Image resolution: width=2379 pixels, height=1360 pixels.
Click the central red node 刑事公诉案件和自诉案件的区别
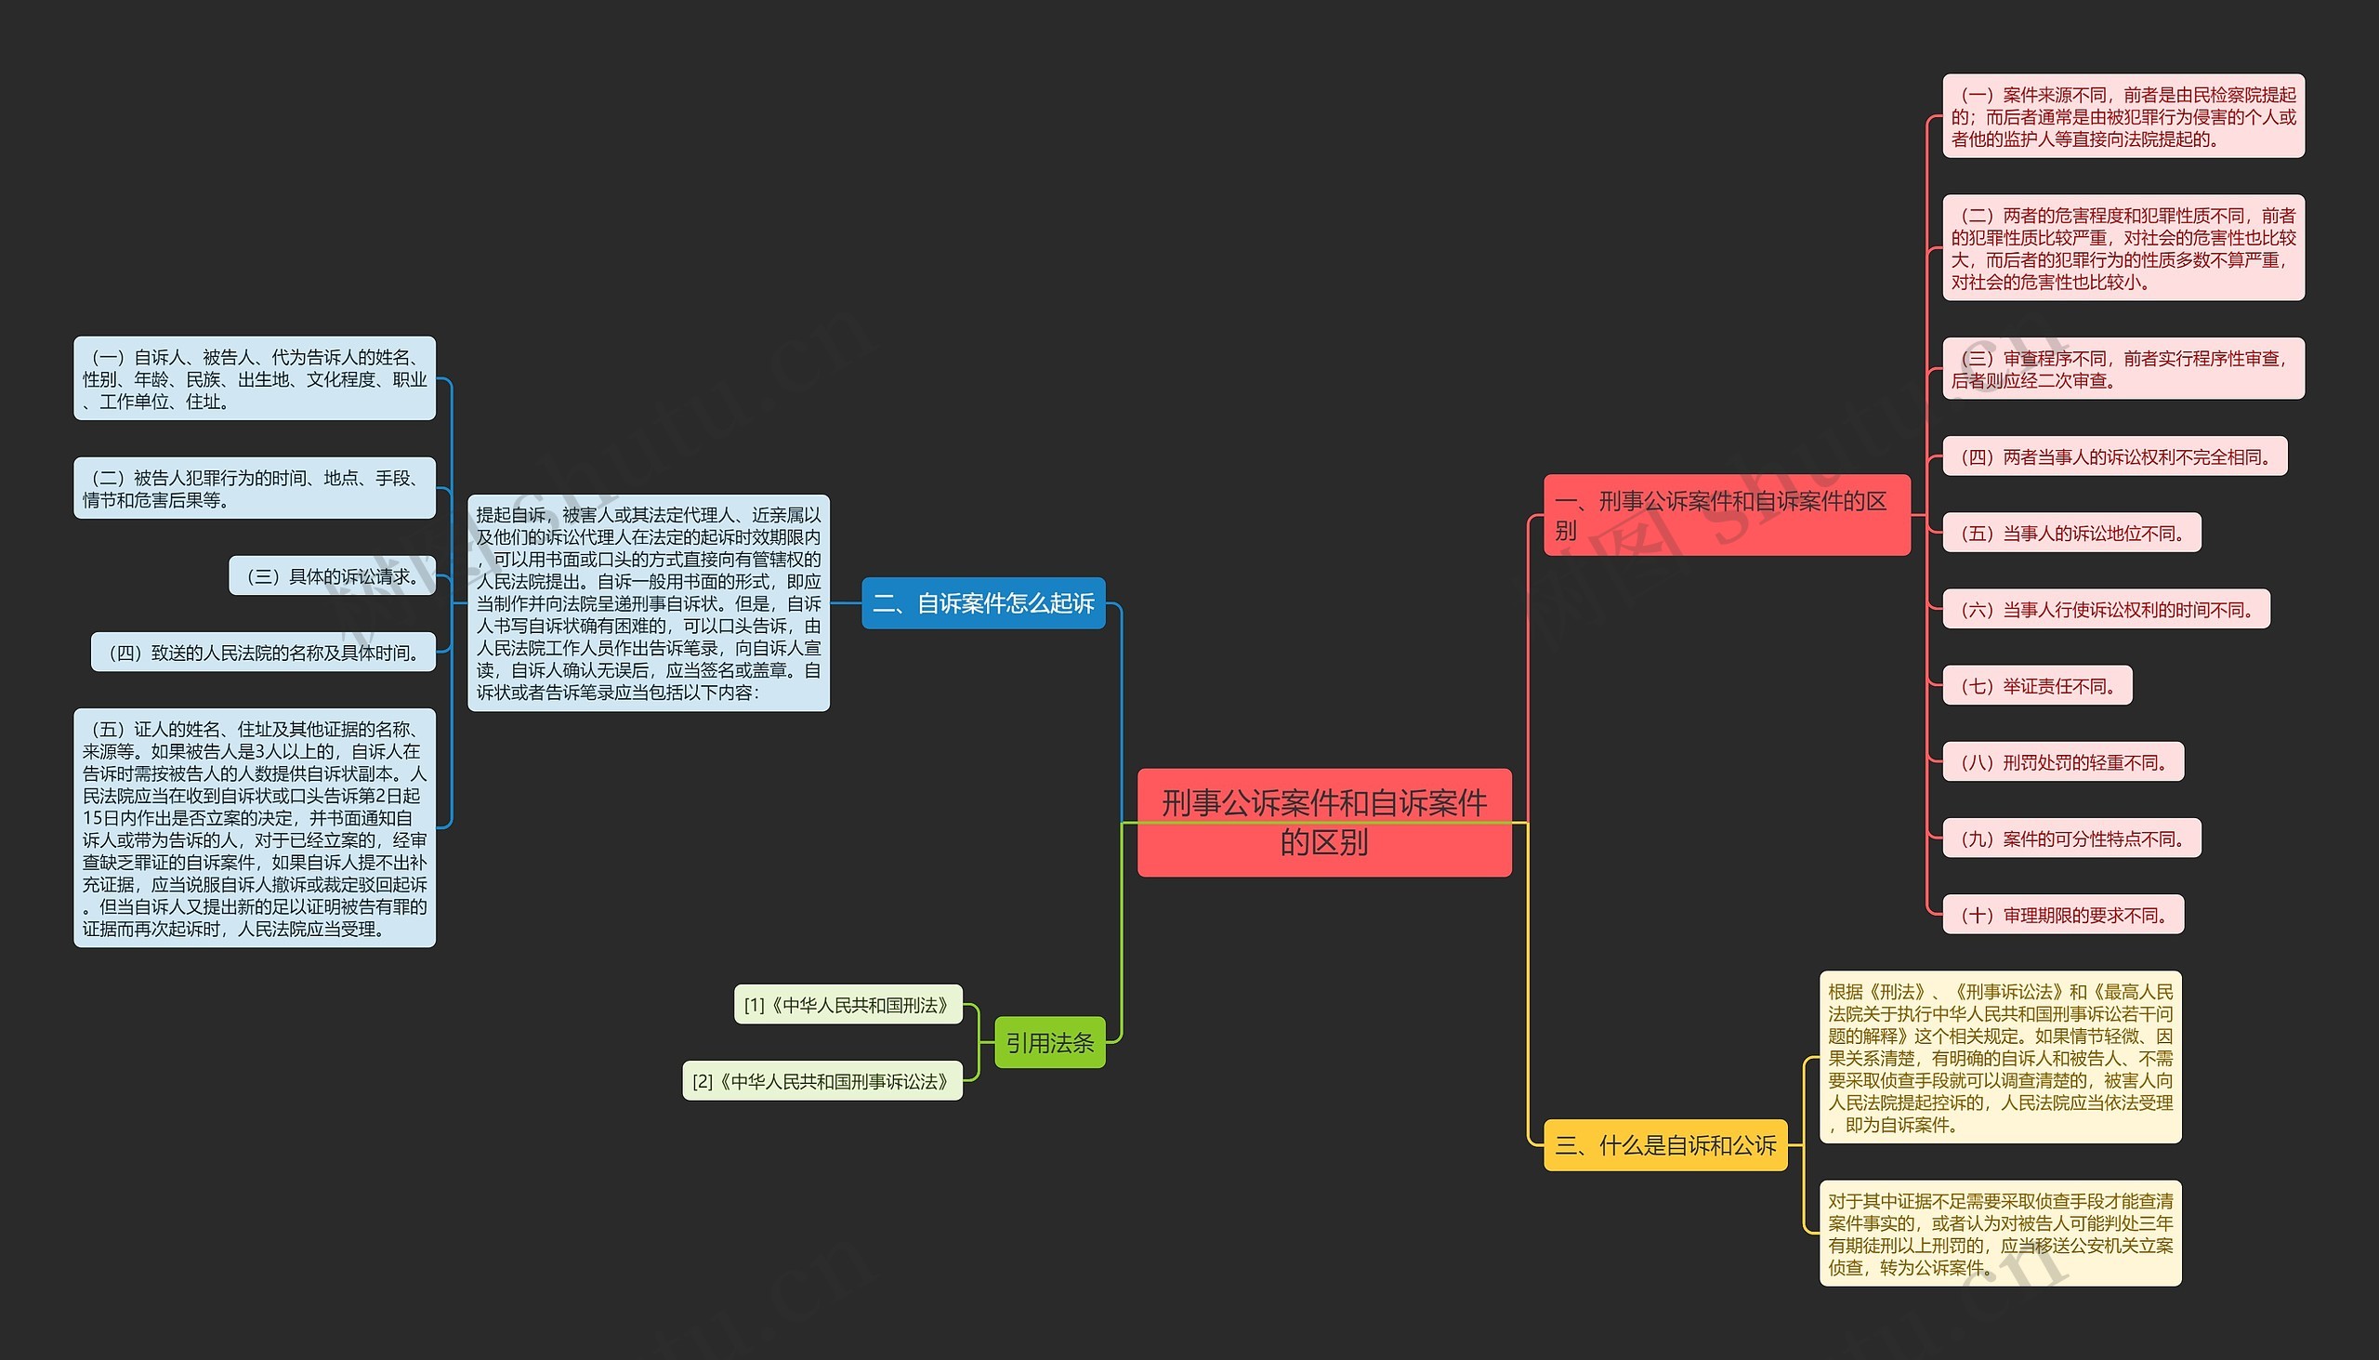pos(1323,822)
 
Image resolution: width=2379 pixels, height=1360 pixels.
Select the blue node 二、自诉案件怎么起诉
pos(982,603)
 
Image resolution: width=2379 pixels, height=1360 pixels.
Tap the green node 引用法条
pos(1049,1042)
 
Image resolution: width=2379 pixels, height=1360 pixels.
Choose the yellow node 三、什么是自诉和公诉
pos(1664,1145)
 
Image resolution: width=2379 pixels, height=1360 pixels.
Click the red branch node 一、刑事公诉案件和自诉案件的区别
pos(1727,516)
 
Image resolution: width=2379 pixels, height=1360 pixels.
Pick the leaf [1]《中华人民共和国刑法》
pos(847,1005)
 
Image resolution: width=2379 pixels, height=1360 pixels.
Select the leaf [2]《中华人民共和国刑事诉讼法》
pos(821,1082)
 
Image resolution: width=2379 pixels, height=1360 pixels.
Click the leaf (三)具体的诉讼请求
pos(333,576)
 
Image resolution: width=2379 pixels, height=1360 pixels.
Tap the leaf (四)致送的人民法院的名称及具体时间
pos(263,653)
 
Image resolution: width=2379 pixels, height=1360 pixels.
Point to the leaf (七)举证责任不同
pos(2036,687)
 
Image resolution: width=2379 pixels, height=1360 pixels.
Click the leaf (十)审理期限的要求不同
pos(2062,916)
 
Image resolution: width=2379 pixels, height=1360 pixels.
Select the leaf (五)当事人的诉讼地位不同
pos(2070,534)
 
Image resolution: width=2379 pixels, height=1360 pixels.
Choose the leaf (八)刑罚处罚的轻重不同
pos(2062,762)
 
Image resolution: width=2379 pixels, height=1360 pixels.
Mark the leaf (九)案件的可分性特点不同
pos(2070,838)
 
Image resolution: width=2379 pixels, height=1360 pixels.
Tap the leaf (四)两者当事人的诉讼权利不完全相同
pos(2114,456)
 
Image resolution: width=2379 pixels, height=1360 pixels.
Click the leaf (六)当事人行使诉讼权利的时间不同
pos(2106,610)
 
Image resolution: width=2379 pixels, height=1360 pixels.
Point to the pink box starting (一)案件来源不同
pos(2123,117)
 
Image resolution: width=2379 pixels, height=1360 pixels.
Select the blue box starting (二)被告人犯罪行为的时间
pos(255,489)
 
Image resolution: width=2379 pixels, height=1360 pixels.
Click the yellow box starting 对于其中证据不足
pos(2000,1234)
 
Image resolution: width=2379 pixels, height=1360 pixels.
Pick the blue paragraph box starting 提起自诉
pos(648,603)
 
